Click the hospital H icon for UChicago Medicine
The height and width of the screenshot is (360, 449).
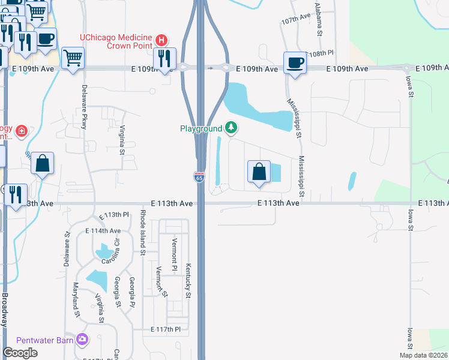(160, 41)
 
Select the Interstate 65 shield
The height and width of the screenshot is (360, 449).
(199, 177)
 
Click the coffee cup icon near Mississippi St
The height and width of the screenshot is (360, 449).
(295, 62)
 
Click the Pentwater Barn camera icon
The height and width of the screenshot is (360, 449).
(82, 340)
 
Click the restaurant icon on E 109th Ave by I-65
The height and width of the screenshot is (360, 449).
(164, 58)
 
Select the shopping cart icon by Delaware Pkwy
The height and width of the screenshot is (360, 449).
(73, 58)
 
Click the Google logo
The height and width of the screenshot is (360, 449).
(20, 353)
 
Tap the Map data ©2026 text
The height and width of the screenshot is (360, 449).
(423, 355)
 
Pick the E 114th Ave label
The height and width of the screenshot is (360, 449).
(103, 230)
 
